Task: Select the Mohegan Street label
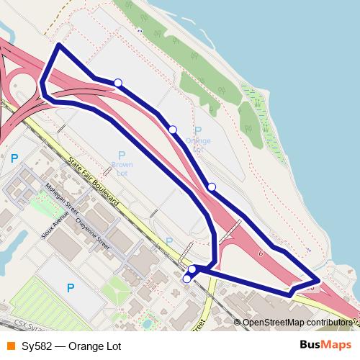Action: point(62,200)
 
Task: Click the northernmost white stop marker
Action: point(118,83)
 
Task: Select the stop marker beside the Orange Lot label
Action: point(173,129)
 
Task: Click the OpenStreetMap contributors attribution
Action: point(297,323)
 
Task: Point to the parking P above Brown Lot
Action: point(122,156)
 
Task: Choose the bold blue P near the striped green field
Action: point(70,288)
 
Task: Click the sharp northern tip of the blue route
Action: point(59,45)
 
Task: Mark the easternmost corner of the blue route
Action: point(319,279)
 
